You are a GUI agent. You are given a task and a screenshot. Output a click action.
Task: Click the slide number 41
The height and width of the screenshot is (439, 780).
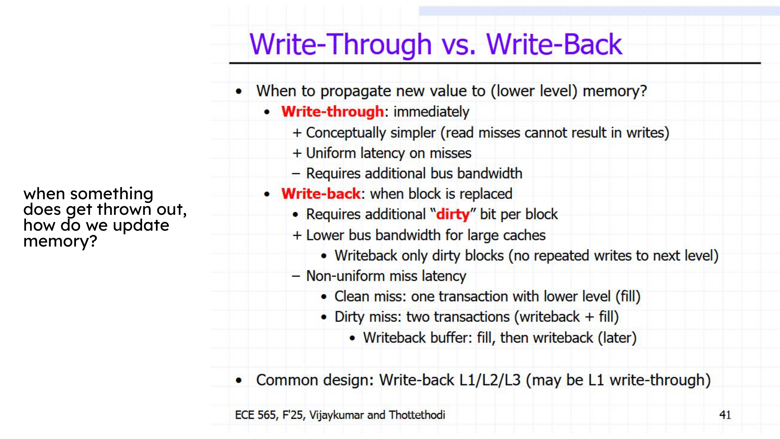[x=725, y=415]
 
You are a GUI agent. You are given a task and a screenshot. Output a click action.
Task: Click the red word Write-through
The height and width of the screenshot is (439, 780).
[x=333, y=112]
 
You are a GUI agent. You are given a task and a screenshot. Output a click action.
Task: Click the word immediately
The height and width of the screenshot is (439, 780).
[x=431, y=112]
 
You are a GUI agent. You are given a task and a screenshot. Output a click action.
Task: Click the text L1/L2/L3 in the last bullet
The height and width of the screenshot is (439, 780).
[x=490, y=380]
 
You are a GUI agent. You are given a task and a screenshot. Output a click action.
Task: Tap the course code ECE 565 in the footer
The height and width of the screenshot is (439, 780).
[x=256, y=415]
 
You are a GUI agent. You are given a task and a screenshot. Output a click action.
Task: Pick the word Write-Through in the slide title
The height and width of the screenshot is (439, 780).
[x=340, y=44]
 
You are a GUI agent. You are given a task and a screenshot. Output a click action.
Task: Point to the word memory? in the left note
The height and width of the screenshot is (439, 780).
[x=60, y=241]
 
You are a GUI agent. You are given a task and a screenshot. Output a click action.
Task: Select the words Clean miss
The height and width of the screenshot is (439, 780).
[x=370, y=296]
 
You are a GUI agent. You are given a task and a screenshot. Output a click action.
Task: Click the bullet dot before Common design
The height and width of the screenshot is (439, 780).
[x=239, y=380]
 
